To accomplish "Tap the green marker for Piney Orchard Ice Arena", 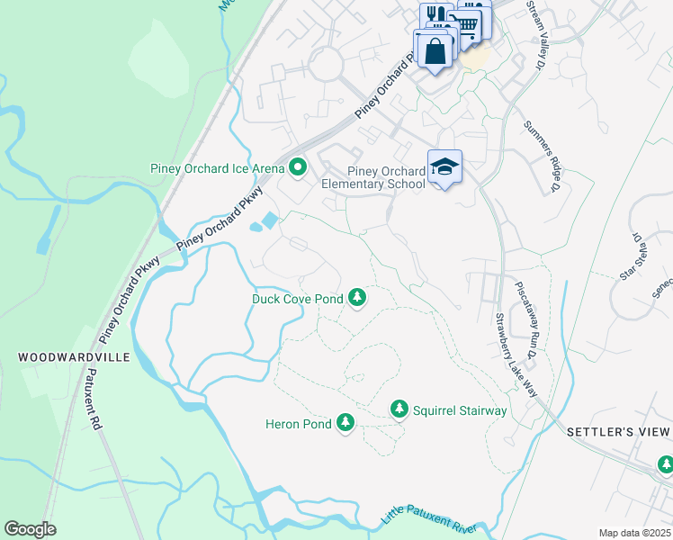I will click(298, 167).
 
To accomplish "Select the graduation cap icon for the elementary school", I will click(444, 166).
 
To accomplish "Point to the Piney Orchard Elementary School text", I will click(386, 177).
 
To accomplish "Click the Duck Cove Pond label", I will click(297, 298).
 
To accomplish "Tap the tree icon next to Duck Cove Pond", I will click(357, 297).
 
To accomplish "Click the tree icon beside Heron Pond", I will click(345, 422).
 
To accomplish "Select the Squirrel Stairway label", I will click(460, 411).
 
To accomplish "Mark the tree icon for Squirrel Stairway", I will click(399, 410).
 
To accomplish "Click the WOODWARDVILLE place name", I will click(75, 357).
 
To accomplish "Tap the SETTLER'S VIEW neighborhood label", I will click(619, 432).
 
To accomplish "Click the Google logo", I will click(30, 529).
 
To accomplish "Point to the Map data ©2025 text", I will click(634, 533).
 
